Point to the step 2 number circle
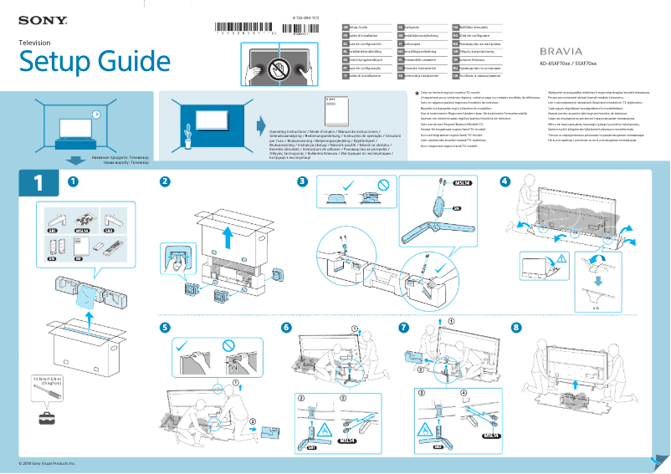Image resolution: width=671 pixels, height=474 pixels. point(166,181)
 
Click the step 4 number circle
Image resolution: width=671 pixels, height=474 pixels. point(505,181)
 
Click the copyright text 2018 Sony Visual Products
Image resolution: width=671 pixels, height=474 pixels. point(47,462)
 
